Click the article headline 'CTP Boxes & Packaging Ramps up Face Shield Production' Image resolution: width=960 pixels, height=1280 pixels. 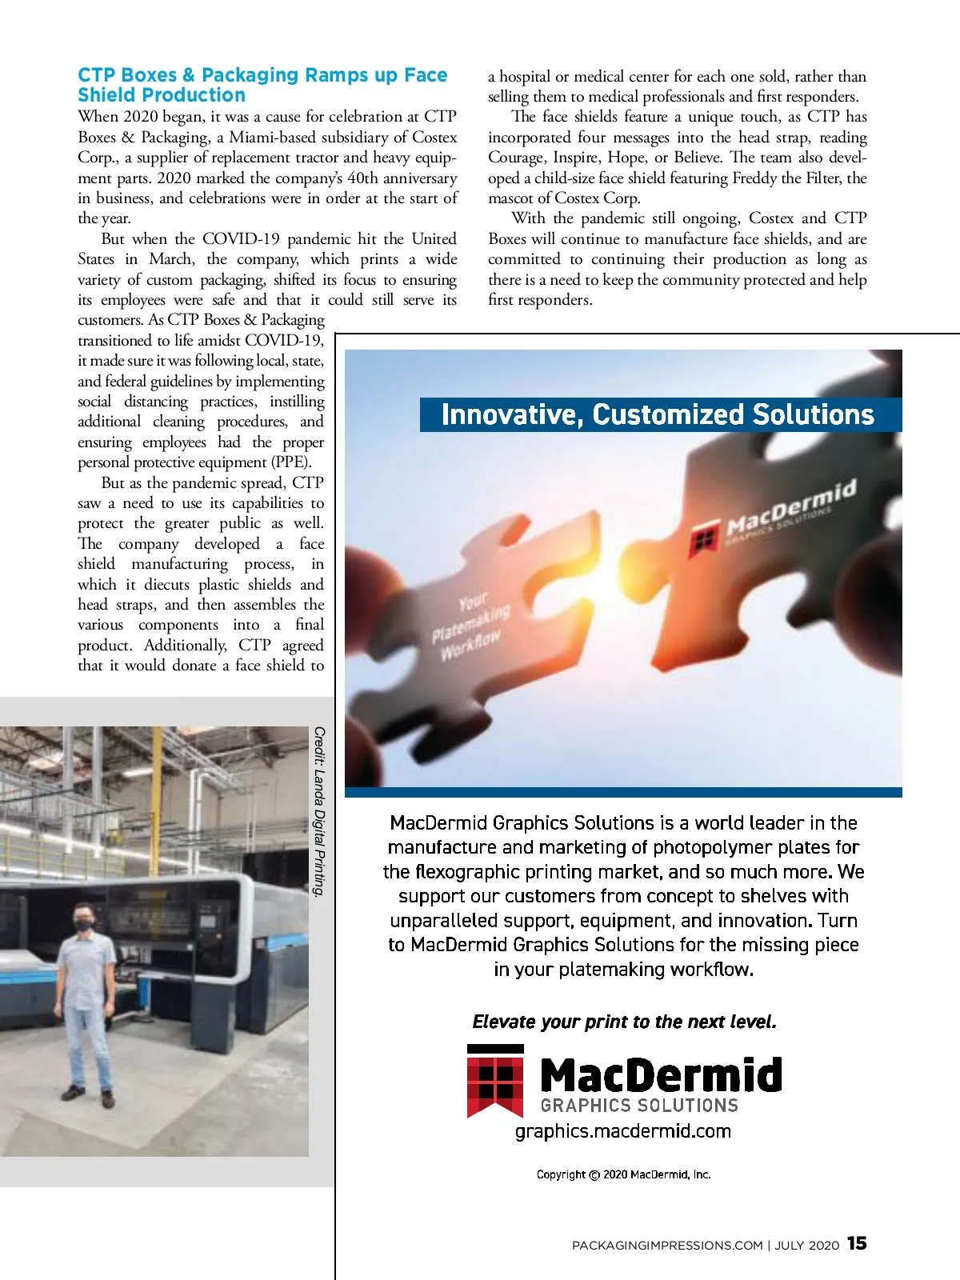tap(262, 85)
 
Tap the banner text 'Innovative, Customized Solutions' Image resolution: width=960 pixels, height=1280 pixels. tap(658, 414)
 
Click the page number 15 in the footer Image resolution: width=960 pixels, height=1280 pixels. tap(857, 1243)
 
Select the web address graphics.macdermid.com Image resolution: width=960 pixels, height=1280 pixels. tap(623, 1131)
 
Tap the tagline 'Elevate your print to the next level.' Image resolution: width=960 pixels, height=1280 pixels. tap(624, 1022)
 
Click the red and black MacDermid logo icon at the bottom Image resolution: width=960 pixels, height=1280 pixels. tap(495, 1080)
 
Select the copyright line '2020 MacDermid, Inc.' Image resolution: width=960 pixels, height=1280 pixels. tap(656, 1174)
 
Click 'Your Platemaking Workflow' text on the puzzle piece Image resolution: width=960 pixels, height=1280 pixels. tap(470, 625)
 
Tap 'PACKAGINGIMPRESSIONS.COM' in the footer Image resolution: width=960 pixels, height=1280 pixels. tap(667, 1246)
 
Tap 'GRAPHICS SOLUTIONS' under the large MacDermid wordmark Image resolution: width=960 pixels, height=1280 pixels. tap(639, 1106)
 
